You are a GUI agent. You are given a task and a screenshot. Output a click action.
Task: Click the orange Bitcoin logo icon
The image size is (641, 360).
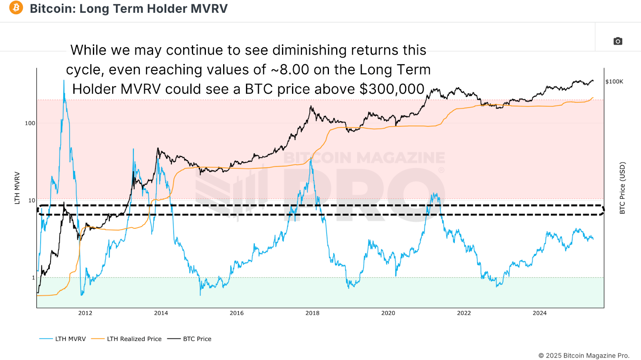(16, 8)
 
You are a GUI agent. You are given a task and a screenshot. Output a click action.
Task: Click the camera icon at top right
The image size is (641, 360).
(618, 41)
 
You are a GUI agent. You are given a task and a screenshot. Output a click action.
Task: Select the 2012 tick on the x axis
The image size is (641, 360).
(85, 313)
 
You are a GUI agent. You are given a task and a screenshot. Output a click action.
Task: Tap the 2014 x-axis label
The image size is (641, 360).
(161, 313)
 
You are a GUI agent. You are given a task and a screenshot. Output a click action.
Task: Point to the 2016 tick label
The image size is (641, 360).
(236, 313)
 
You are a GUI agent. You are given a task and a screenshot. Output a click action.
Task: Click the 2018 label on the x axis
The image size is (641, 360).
(312, 313)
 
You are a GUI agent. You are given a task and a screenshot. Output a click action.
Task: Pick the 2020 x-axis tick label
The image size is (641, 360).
(388, 313)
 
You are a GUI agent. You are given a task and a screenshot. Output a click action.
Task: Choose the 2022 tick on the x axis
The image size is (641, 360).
(464, 313)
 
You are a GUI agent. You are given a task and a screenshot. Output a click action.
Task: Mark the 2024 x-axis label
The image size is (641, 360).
(539, 313)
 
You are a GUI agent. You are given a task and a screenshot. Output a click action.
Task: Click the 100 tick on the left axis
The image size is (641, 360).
(30, 123)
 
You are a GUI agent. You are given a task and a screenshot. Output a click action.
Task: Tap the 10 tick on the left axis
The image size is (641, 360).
(32, 201)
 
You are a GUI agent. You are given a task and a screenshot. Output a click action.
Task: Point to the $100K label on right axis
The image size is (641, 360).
(614, 82)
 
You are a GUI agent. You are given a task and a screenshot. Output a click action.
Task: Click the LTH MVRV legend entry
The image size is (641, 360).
(71, 339)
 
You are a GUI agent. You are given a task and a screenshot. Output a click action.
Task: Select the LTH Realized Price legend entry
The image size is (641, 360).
(134, 339)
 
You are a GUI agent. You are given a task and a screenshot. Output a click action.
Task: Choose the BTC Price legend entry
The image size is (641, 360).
(197, 339)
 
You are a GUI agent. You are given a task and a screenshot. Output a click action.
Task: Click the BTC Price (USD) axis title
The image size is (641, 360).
(622, 188)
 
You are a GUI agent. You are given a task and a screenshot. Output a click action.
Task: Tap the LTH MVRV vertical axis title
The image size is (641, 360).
(17, 188)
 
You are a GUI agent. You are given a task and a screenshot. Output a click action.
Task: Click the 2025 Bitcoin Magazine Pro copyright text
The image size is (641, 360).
(584, 356)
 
